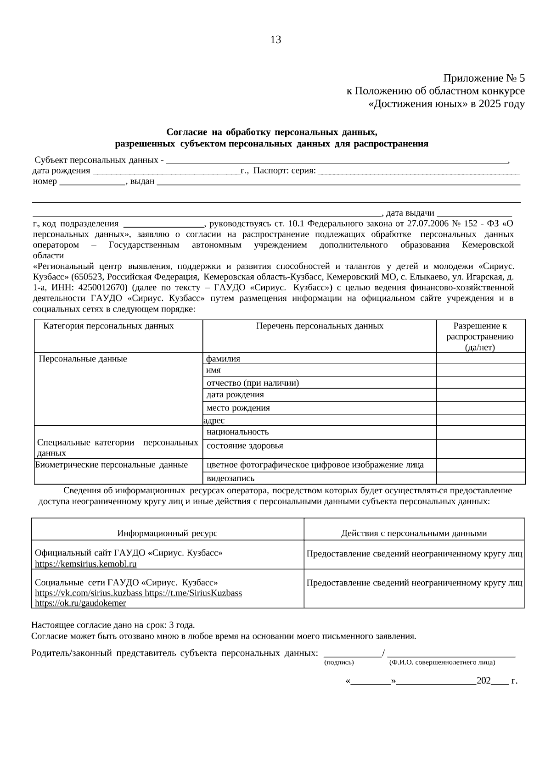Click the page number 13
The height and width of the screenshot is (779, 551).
[x=275, y=40]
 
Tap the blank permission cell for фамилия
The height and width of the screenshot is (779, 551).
[x=480, y=359]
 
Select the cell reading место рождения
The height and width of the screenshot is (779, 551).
[x=238, y=408]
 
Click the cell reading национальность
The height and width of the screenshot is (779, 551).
[x=237, y=432]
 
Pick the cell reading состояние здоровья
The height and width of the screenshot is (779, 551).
[x=245, y=446]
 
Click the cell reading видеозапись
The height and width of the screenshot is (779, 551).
[x=230, y=479]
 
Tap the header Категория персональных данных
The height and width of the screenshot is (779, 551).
[x=108, y=326]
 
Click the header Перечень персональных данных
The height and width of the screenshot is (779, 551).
[x=319, y=326]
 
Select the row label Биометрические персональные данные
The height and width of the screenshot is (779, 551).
[x=112, y=465]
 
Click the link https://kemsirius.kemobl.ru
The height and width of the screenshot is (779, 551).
[x=86, y=564]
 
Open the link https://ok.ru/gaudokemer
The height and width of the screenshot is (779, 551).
[x=80, y=603]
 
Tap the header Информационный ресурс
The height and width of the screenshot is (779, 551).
[x=167, y=534]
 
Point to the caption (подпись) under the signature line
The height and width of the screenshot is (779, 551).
[x=339, y=662]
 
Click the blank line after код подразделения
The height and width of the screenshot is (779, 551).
[x=164, y=225]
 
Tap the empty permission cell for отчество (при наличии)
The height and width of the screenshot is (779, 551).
[x=480, y=383]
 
